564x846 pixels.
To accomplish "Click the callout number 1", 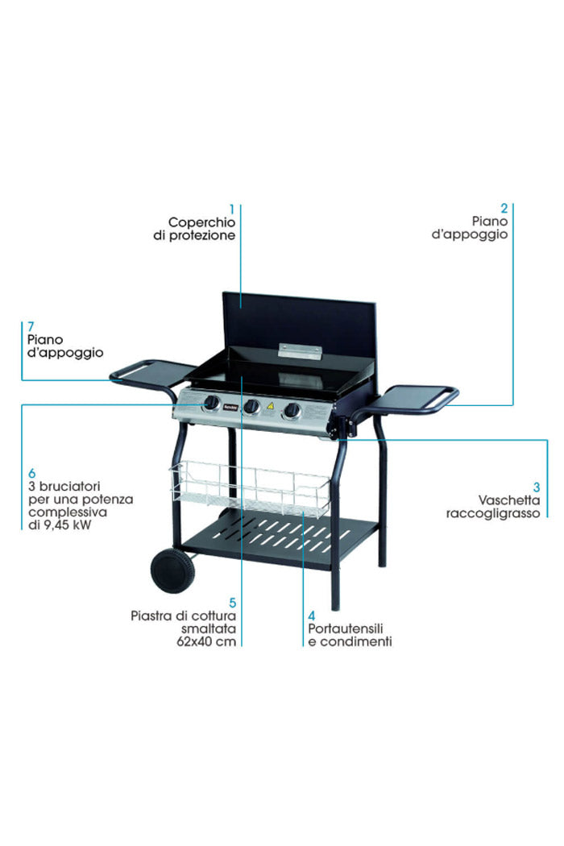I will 231,207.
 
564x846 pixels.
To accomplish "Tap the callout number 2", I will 504,207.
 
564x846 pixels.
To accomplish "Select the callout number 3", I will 537,486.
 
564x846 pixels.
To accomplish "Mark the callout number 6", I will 31,473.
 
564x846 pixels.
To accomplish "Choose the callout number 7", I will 30,326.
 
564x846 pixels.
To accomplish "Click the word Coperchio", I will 201,222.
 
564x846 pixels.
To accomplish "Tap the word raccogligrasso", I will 492,512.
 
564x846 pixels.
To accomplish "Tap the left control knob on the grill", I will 211,402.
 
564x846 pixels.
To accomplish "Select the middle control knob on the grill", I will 251,407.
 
